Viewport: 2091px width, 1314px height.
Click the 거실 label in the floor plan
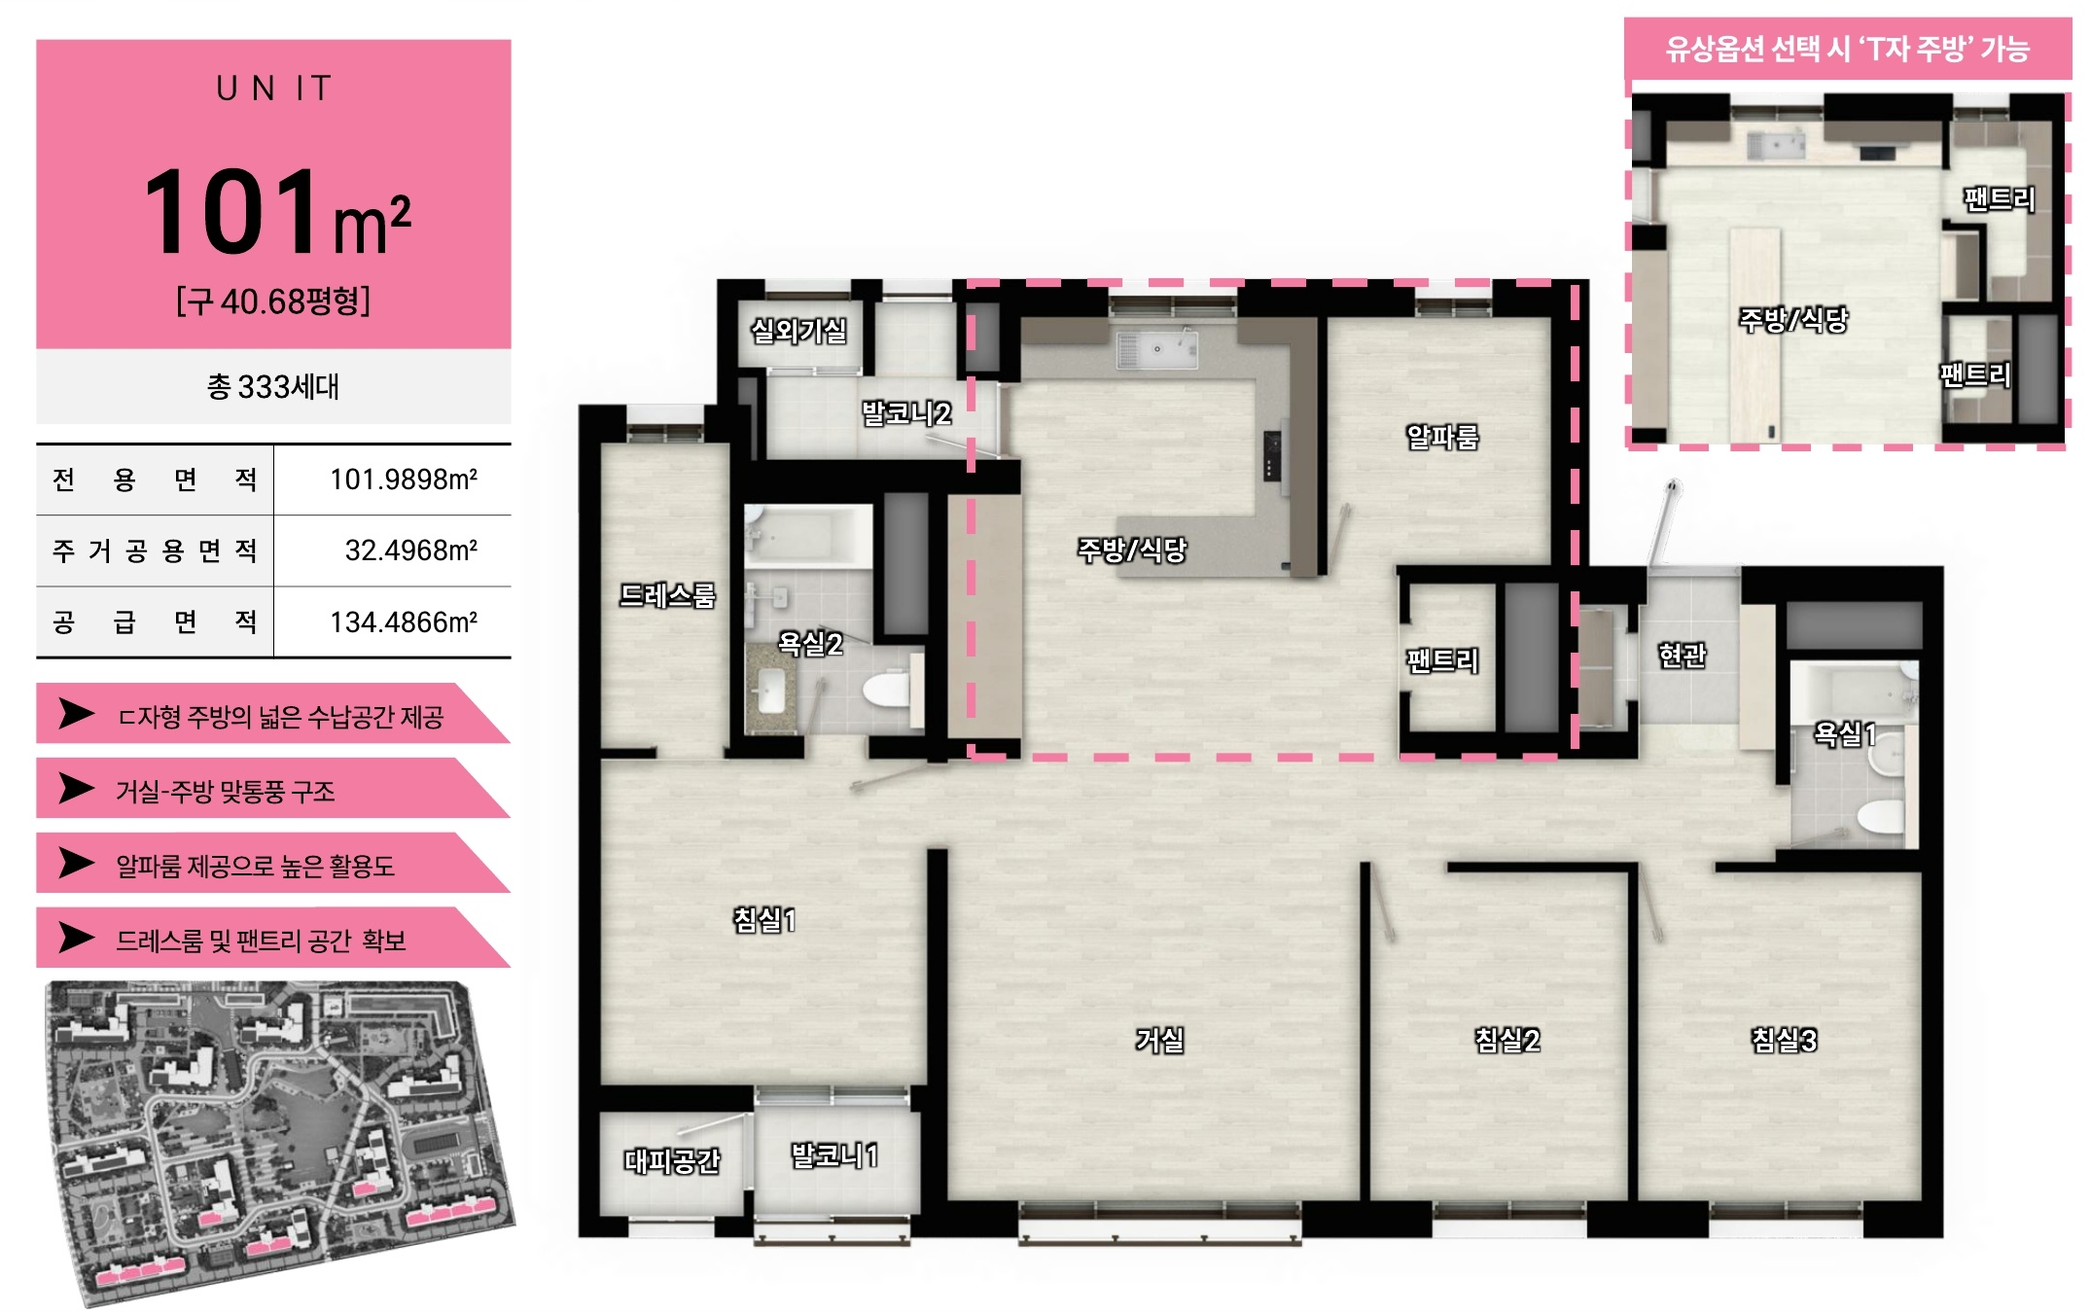click(x=1159, y=1040)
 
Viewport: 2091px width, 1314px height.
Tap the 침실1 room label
click(x=764, y=919)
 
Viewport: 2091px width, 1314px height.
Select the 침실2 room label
click(x=1506, y=1040)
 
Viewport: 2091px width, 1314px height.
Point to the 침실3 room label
click(x=1784, y=1040)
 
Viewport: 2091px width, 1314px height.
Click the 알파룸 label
click(x=1442, y=437)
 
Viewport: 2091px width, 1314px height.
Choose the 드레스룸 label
click(x=667, y=594)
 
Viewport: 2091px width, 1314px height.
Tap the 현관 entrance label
click(x=1682, y=655)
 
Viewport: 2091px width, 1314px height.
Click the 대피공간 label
click(x=672, y=1159)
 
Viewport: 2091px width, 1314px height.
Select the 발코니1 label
click(x=834, y=1155)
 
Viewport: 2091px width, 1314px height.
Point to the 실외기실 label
click(x=798, y=331)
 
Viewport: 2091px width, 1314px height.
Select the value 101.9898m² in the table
click(x=404, y=479)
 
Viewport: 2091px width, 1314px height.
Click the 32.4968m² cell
click(x=411, y=550)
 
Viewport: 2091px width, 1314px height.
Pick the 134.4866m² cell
click(x=404, y=621)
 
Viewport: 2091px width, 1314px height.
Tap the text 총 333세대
click(x=273, y=386)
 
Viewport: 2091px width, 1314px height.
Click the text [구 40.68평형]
click(x=273, y=301)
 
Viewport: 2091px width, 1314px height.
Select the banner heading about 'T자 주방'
click(x=1847, y=49)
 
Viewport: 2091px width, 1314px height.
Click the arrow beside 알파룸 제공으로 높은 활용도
click(x=76, y=862)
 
